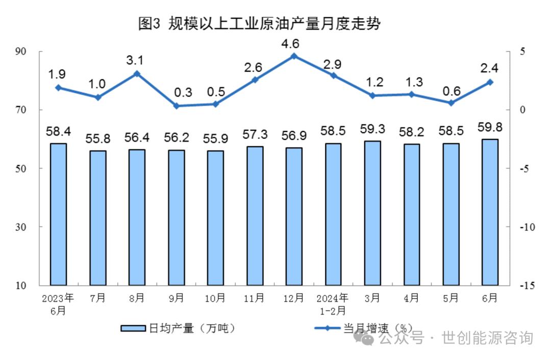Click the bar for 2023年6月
(58, 214)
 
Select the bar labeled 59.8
(490, 212)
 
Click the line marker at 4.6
(294, 56)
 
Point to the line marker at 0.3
(176, 106)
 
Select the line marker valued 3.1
(137, 74)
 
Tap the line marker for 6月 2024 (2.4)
(490, 82)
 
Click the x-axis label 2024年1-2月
(333, 304)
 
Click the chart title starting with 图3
(260, 23)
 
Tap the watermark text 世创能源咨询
(487, 338)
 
